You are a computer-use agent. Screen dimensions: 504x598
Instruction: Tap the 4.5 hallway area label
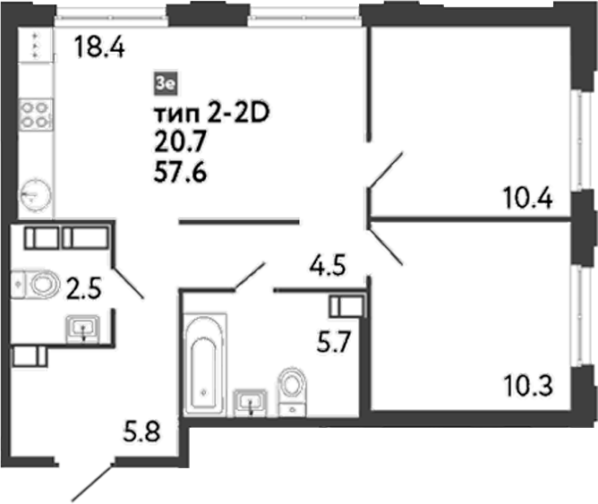tap(327, 265)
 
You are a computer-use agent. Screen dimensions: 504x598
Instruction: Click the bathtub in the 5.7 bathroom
tap(204, 363)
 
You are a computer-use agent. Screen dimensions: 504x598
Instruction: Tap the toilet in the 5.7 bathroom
tap(292, 390)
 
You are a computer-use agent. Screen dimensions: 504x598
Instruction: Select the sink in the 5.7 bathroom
tap(250, 401)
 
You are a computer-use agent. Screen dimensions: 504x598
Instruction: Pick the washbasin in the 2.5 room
tap(84, 329)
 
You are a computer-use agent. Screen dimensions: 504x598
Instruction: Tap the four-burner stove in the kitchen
tap(35, 114)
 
